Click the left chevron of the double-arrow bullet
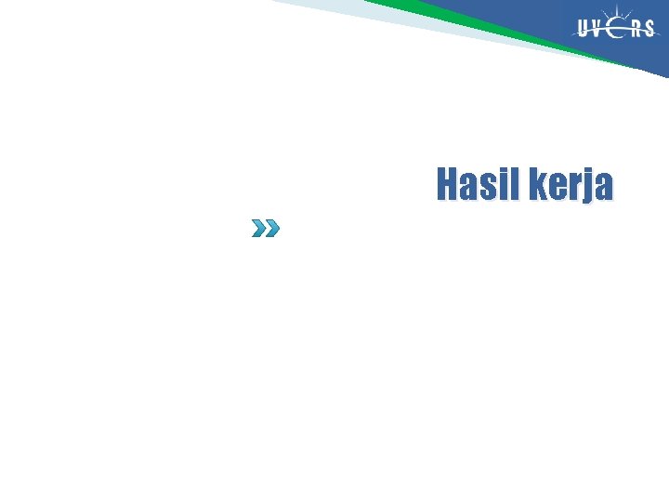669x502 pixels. (x=259, y=228)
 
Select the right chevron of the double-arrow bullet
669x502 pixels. (x=270, y=228)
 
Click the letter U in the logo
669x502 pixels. (x=584, y=29)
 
